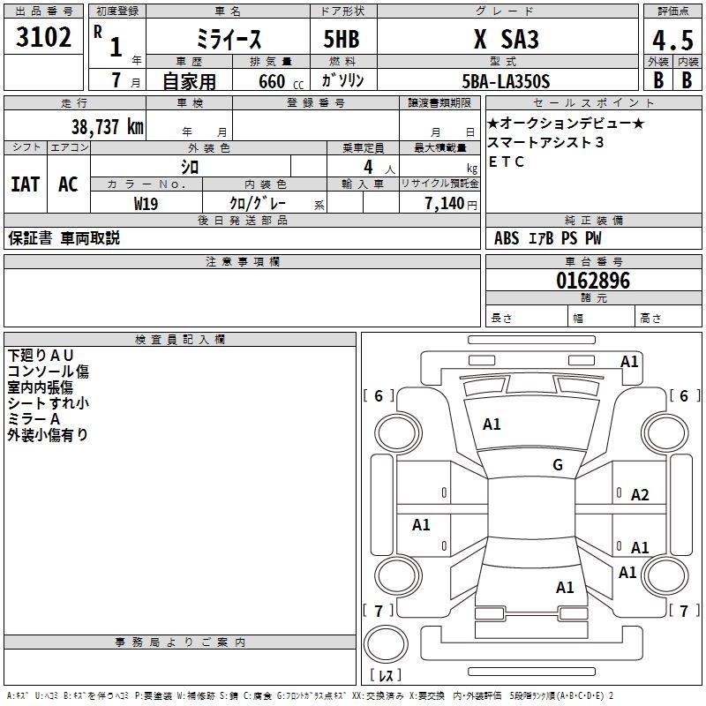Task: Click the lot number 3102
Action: coord(44,37)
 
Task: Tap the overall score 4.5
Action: coord(672,40)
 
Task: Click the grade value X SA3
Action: coord(506,40)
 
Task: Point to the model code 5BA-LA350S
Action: coord(506,81)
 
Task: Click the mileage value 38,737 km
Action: coord(107,126)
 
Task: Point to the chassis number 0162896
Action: coord(593,282)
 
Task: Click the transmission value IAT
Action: coord(26,184)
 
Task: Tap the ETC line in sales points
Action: coord(507,161)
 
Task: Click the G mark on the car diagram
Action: coord(557,465)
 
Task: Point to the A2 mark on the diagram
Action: coord(640,495)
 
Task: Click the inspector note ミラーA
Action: coord(34,419)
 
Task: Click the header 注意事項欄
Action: coord(242,262)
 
